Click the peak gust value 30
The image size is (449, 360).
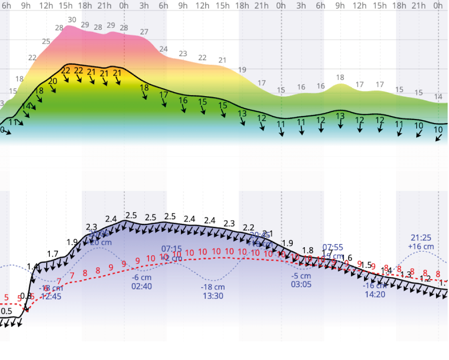(x=72, y=20)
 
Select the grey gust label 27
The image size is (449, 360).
(x=144, y=32)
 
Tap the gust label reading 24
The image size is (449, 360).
(x=163, y=49)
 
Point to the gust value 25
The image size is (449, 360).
(x=46, y=42)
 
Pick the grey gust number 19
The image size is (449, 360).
(x=242, y=70)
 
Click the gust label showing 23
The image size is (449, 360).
(x=183, y=54)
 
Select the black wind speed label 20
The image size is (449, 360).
(x=53, y=81)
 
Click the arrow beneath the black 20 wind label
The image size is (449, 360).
(x=53, y=89)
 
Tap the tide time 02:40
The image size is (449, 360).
(x=141, y=286)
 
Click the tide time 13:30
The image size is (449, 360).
(x=213, y=296)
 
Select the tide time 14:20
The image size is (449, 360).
(x=375, y=294)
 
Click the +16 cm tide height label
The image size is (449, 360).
(x=421, y=246)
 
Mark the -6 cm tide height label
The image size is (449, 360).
(x=141, y=277)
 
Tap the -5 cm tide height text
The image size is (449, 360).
(x=301, y=276)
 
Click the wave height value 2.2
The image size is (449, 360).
(x=248, y=227)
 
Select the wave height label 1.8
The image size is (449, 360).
(x=308, y=250)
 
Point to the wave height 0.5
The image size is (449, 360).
(x=6, y=311)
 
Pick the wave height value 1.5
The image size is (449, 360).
(x=366, y=265)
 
